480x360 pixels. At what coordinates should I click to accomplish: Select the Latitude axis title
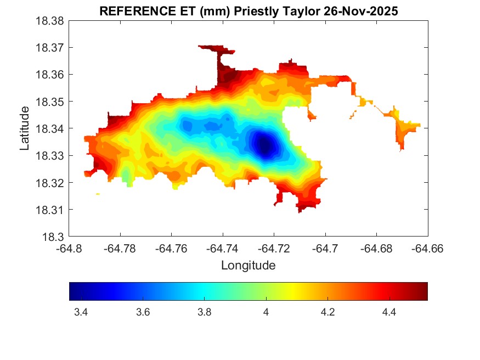tap(25, 129)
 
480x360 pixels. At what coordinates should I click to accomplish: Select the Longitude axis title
tap(248, 266)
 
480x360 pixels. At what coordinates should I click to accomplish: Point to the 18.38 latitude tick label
tap(50, 21)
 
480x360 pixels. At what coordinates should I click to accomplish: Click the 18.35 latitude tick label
tap(50, 102)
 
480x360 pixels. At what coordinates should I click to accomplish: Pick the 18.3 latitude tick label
tap(54, 237)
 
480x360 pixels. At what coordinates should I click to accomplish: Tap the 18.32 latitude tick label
tap(50, 183)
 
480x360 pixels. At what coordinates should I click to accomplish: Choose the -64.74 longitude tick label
tap(223, 249)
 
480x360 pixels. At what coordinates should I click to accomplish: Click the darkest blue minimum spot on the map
tap(264, 145)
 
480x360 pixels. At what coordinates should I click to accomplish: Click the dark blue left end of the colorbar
tap(73, 291)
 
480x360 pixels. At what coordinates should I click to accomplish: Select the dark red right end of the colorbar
tap(424, 291)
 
